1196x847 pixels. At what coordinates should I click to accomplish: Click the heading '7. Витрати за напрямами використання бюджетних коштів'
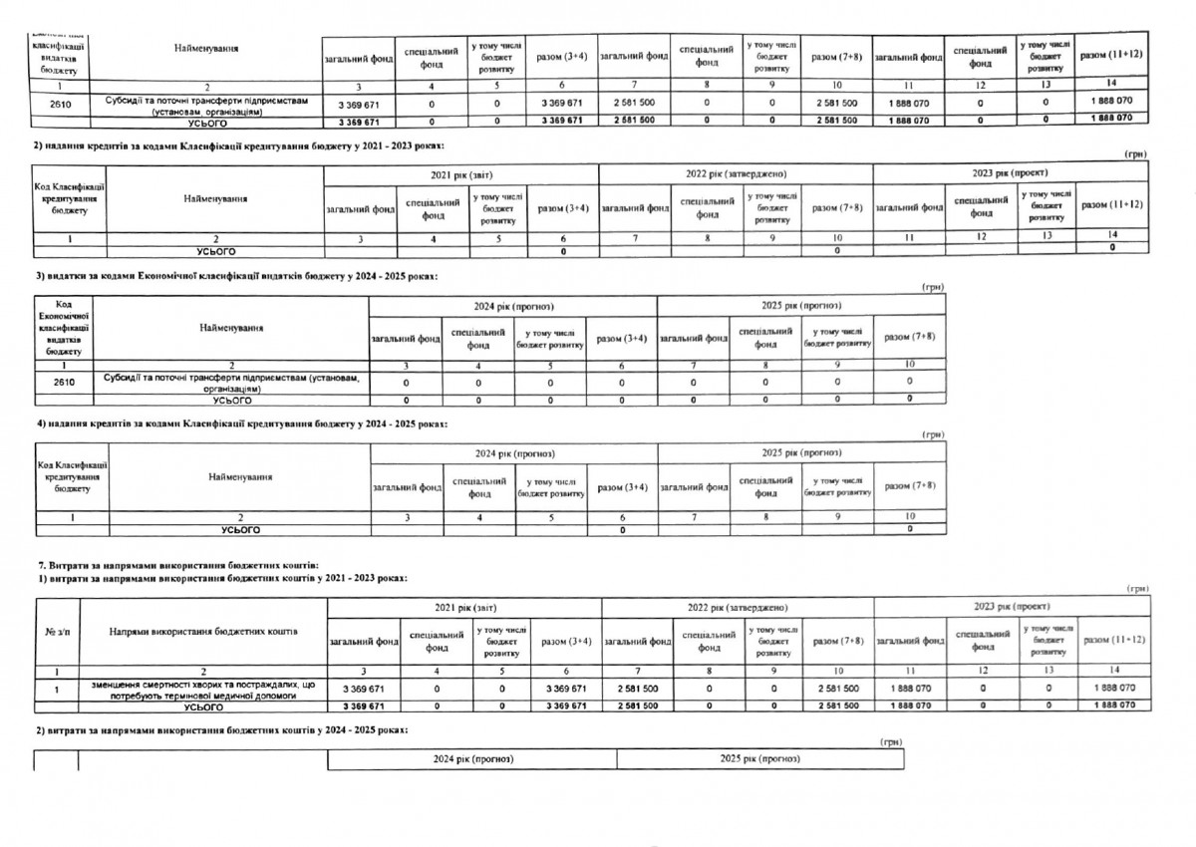179,566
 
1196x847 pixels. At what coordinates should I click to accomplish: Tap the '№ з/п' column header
57,633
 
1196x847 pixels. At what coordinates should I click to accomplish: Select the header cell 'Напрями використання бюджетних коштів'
204,633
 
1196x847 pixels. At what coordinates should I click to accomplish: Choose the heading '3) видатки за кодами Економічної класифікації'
237,274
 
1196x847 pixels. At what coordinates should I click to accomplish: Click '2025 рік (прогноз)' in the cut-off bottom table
760,759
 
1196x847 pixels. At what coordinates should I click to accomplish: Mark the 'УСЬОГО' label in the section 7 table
204,706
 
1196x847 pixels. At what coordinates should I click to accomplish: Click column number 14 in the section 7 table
1114,670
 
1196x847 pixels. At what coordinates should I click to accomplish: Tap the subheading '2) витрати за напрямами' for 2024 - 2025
222,730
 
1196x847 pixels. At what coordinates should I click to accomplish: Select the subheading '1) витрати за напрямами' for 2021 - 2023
222,578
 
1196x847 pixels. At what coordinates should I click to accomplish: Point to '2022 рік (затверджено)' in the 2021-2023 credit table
736,174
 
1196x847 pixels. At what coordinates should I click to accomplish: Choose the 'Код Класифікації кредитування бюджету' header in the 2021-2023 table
71,198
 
